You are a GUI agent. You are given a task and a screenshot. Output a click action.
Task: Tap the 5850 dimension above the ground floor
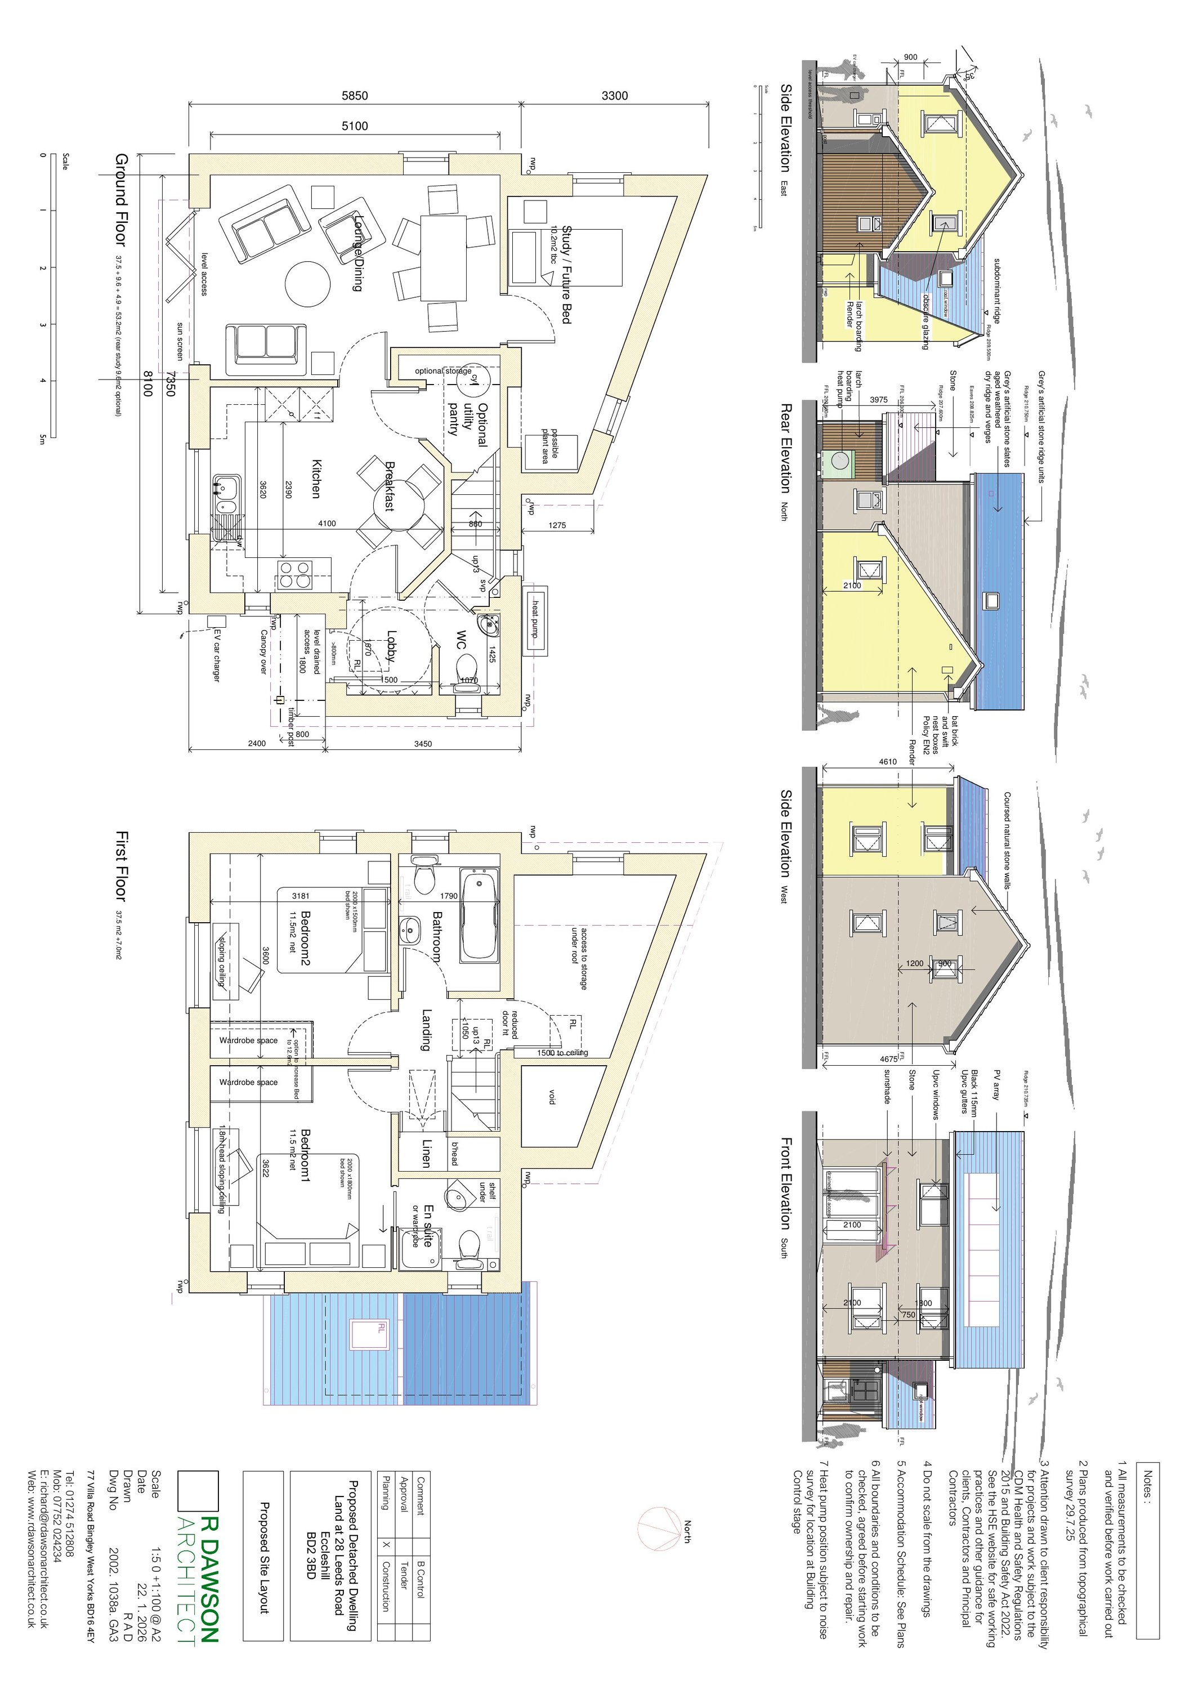point(355,96)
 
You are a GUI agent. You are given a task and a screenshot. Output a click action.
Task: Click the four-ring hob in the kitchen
point(295,574)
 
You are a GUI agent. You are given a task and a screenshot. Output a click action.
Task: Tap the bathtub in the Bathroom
point(480,916)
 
